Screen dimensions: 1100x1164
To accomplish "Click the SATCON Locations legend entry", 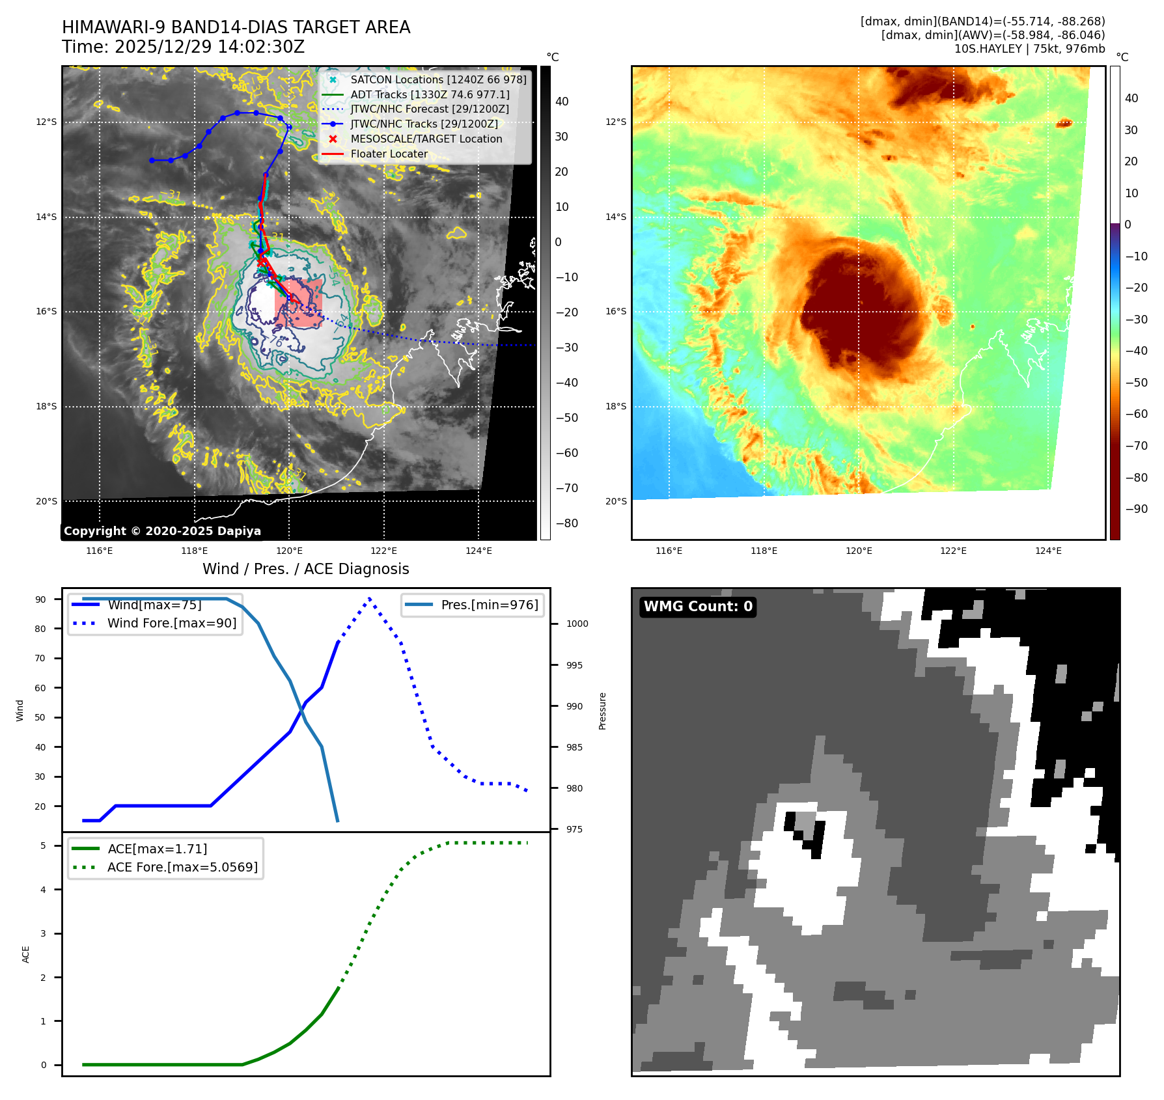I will tap(438, 79).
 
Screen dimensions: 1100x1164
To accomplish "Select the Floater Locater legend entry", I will tap(389, 154).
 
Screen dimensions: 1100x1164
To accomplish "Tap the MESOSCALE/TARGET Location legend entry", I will tap(426, 139).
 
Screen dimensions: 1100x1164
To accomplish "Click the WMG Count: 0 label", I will tap(698, 607).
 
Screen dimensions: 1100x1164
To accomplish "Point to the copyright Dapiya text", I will tap(162, 531).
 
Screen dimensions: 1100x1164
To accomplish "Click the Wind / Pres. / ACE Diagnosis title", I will tap(305, 569).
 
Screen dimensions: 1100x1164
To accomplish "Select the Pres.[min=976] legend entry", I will tap(489, 605).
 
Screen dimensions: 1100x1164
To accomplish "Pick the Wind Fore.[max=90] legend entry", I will tap(171, 623).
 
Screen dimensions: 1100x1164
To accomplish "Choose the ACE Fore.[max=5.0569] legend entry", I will tap(182, 867).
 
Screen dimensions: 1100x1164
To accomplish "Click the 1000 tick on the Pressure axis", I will tap(577, 624).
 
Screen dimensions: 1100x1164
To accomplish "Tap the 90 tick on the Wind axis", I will tap(41, 599).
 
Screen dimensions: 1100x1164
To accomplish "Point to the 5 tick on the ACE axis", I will tap(44, 846).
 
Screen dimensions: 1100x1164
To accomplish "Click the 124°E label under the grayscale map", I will tap(478, 551).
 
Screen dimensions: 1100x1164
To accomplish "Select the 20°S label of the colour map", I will tap(616, 501).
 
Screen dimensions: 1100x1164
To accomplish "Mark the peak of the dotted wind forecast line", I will tap(370, 598).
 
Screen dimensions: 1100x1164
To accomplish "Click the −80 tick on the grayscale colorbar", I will tap(566, 523).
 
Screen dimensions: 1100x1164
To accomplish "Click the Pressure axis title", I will tap(603, 711).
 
